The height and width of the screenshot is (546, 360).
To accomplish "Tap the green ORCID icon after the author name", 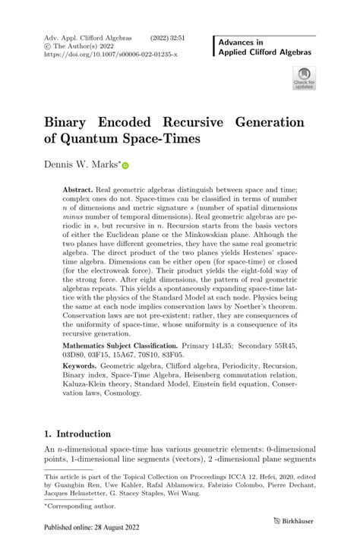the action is point(125,165).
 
